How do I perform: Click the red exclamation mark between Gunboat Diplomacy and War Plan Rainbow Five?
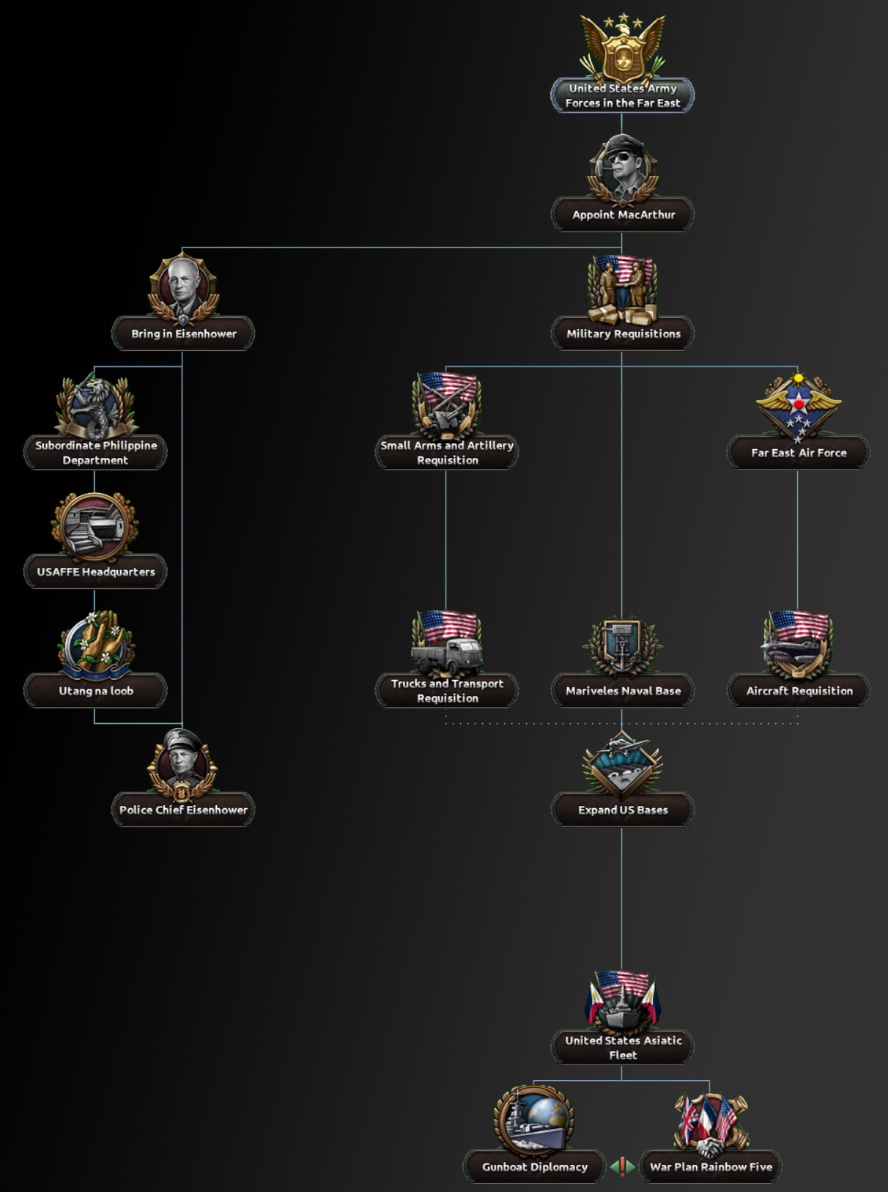click(623, 1166)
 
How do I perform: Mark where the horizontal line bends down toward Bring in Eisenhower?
click(182, 247)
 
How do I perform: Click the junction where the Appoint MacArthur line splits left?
click(622, 247)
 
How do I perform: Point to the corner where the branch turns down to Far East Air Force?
click(798, 366)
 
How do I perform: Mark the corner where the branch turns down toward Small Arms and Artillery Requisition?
click(445, 366)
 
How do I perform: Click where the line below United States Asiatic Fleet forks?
click(622, 1080)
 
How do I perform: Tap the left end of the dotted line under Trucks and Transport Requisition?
click(445, 723)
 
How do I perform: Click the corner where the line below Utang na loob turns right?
click(95, 723)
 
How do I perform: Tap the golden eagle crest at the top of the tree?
click(623, 48)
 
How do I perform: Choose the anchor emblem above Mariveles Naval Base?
click(623, 645)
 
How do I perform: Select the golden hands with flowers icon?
click(96, 643)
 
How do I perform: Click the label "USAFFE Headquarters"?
click(96, 571)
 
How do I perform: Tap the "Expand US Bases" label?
click(623, 810)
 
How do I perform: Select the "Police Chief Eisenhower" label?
click(183, 810)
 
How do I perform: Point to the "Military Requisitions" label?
click(624, 334)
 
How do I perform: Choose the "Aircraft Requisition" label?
click(799, 691)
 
